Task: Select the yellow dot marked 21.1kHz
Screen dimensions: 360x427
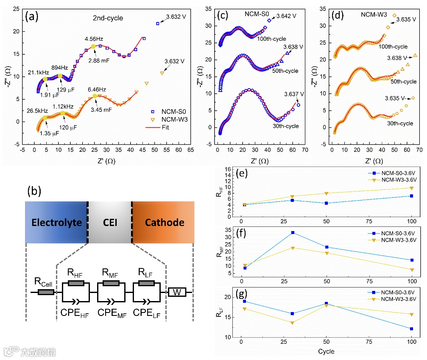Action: [45, 79]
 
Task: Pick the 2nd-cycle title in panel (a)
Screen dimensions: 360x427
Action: [108, 18]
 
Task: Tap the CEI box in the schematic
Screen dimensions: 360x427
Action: [110, 223]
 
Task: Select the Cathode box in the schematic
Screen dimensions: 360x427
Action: [163, 223]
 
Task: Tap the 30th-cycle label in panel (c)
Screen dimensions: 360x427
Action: [286, 126]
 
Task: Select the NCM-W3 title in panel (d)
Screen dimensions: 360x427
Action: [374, 14]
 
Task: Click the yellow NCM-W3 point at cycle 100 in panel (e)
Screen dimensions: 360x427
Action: [412, 188]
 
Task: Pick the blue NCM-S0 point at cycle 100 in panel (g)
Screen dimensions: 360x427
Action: [412, 329]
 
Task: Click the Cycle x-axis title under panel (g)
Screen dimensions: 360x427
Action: [326, 351]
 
